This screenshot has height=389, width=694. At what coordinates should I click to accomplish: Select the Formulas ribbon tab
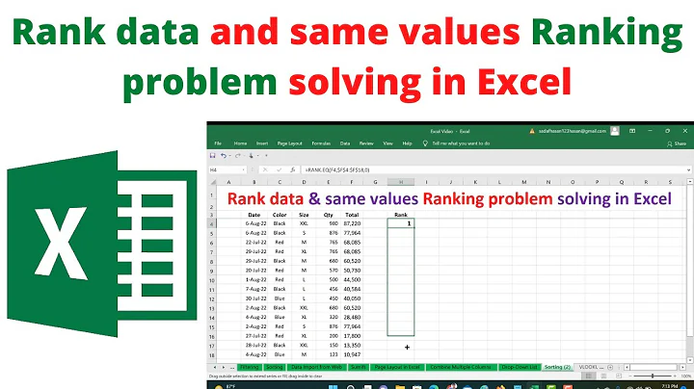tap(307, 142)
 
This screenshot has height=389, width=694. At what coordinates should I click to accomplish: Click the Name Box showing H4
tap(224, 169)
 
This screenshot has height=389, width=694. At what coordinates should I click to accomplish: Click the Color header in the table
tap(280, 214)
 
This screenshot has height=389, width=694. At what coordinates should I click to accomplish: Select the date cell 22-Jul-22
tap(255, 242)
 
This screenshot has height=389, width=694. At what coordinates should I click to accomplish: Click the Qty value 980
tap(333, 223)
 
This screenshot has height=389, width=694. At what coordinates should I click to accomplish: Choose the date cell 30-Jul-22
tap(255, 298)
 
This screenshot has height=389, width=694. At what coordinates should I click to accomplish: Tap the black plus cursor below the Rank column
tap(408, 347)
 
